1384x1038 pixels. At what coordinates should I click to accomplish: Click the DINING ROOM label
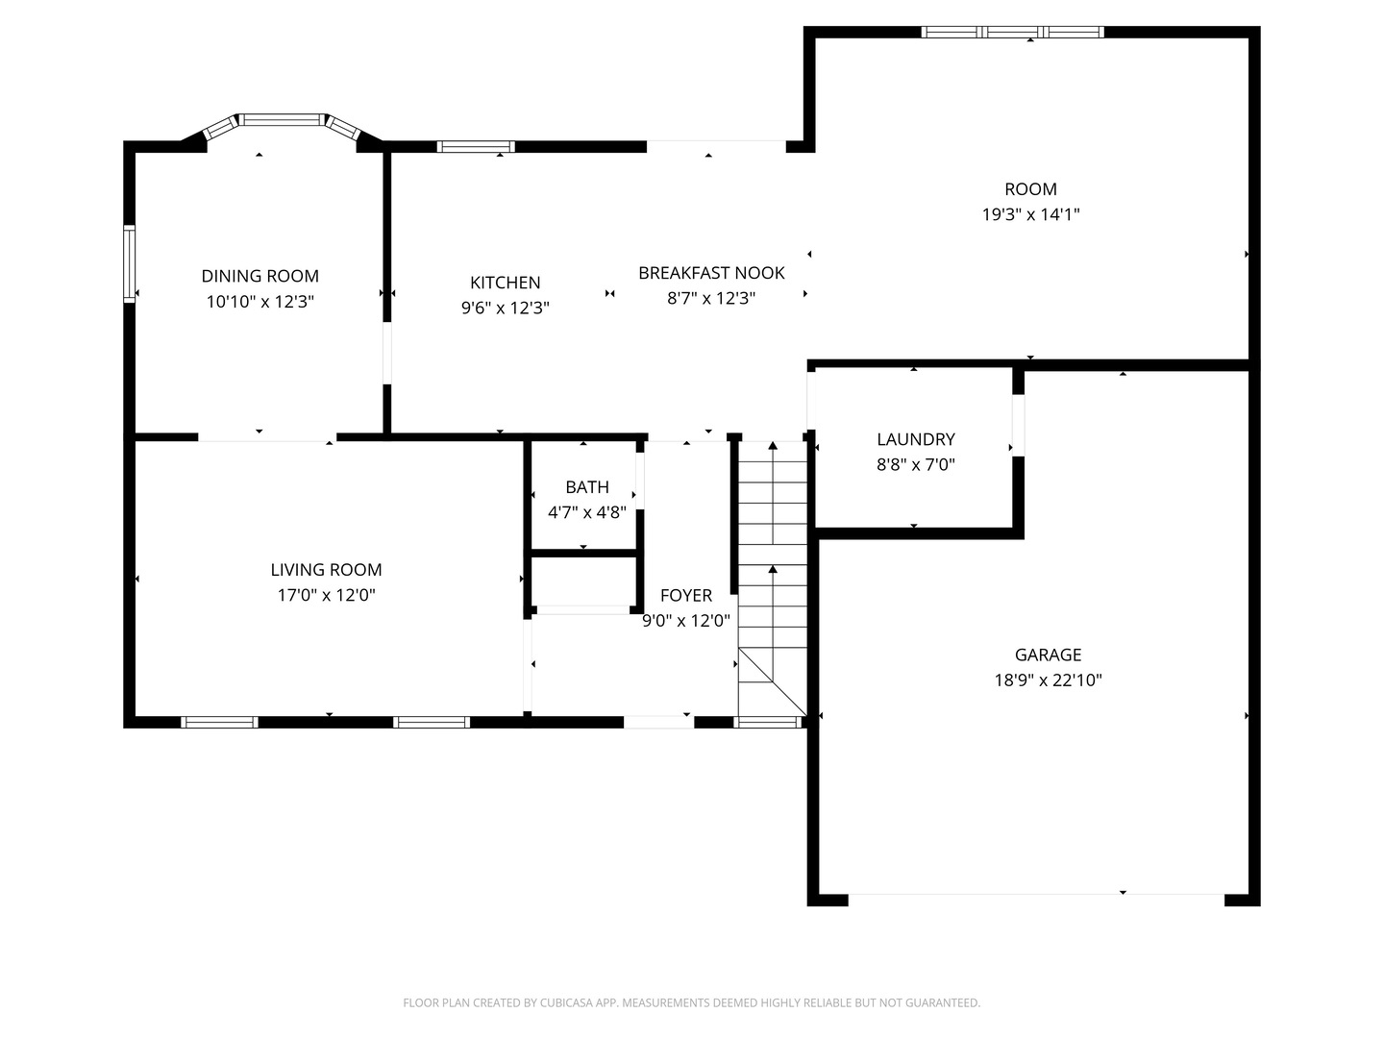click(x=259, y=276)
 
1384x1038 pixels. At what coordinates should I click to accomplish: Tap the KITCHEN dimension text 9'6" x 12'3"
click(x=505, y=308)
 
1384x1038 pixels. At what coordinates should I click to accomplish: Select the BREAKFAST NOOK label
click(x=711, y=273)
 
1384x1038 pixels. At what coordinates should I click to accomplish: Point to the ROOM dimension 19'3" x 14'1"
click(x=1030, y=214)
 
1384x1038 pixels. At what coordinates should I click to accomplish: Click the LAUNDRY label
click(x=916, y=439)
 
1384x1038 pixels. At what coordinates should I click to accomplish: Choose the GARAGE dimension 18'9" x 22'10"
click(x=1048, y=680)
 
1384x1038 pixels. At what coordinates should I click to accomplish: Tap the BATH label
click(x=587, y=487)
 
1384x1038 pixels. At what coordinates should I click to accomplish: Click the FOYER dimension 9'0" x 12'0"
click(x=686, y=621)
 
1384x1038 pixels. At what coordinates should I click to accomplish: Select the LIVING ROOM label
click(x=326, y=570)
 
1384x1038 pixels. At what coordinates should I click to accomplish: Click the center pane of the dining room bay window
click(x=282, y=120)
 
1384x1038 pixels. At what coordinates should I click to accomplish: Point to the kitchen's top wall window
click(x=476, y=147)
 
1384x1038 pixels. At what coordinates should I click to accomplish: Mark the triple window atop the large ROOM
click(x=1012, y=32)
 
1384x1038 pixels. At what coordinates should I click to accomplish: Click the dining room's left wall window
click(x=129, y=263)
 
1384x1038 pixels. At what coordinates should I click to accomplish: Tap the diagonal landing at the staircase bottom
click(x=773, y=682)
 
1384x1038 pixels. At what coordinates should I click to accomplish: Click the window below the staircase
click(x=767, y=722)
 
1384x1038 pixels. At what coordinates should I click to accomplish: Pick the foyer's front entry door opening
click(x=659, y=722)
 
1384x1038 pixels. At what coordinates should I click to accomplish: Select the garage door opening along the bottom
click(x=1036, y=900)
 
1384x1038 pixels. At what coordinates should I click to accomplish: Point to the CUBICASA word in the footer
click(x=565, y=1002)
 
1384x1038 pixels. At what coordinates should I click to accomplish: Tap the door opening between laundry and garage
click(x=1018, y=426)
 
